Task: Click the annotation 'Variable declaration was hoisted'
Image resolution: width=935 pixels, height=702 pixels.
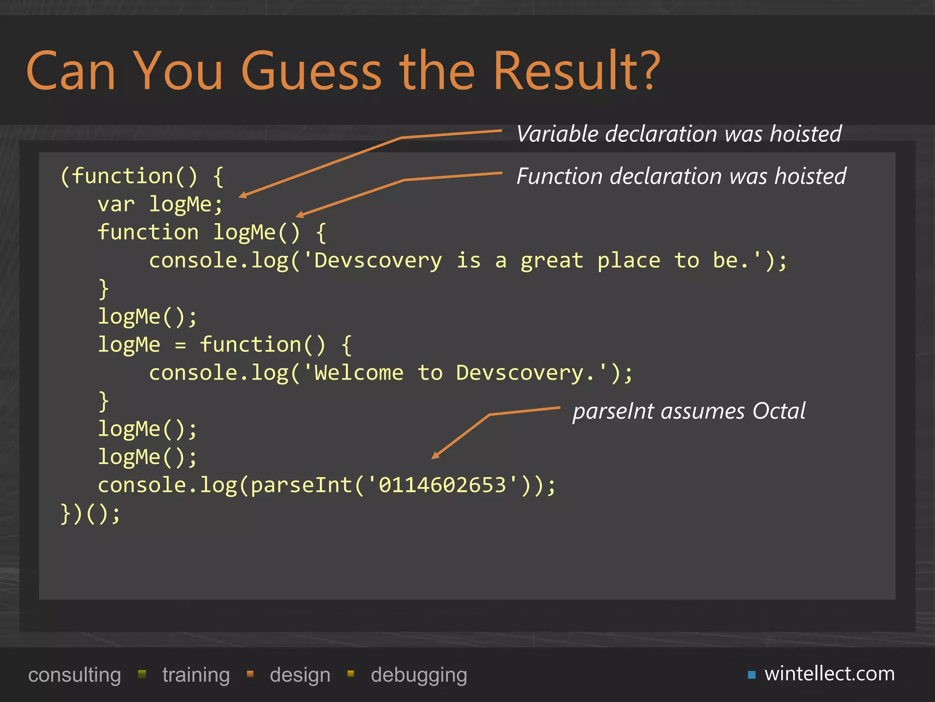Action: coord(679,134)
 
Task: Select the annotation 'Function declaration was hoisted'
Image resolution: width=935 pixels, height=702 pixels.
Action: coord(681,176)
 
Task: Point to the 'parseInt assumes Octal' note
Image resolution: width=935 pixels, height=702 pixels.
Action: coord(689,411)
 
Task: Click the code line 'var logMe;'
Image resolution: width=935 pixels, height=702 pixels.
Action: coord(160,204)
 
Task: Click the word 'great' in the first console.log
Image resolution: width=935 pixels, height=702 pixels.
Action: coord(552,261)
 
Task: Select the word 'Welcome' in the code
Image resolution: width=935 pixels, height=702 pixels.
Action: coord(359,373)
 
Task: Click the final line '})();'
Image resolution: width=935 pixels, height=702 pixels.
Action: coord(90,513)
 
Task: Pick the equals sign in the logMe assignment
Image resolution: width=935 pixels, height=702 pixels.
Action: coord(181,345)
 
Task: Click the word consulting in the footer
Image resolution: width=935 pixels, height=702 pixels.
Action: coord(74,675)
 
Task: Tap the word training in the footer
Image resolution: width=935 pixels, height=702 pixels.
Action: coord(196,675)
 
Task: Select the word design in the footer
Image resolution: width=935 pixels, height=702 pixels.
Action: coord(300,675)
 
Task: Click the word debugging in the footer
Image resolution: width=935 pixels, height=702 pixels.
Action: coord(419,675)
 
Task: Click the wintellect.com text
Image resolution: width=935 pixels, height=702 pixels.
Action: coord(830,674)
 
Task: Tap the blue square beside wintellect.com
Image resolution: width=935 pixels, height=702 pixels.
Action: coord(752,675)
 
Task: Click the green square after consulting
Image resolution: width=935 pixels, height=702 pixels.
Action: coord(142,674)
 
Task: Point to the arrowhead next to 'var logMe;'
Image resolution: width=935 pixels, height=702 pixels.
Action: coord(242,196)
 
